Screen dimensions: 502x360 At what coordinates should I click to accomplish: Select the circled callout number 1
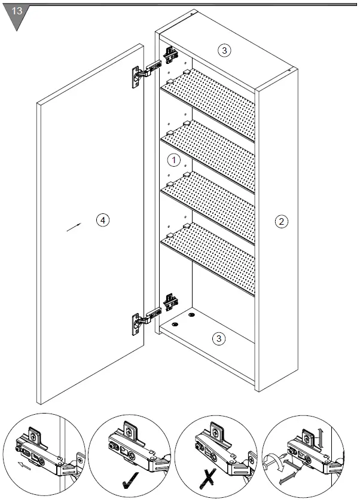(173, 160)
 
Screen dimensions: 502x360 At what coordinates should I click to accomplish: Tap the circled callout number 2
(281, 221)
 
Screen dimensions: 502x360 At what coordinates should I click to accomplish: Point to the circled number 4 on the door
(103, 221)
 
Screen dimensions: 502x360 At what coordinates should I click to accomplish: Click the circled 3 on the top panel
(224, 50)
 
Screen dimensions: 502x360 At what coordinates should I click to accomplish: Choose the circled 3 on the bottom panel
(219, 339)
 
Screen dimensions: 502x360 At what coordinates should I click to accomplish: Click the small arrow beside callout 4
(74, 227)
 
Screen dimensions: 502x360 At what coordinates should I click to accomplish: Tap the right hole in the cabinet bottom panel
(192, 314)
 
